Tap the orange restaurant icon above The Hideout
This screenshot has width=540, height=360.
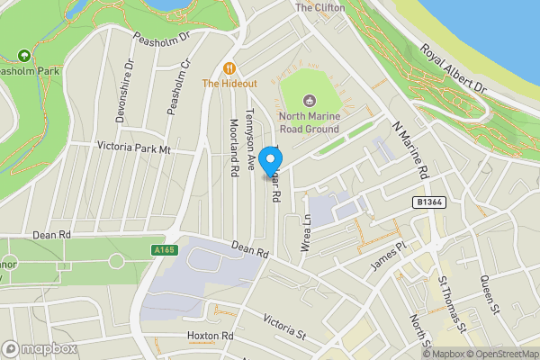(229, 67)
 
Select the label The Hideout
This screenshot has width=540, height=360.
(229, 83)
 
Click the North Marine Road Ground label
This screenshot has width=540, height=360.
(309, 121)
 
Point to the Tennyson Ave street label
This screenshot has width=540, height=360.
(251, 139)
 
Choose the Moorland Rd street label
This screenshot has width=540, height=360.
(233, 147)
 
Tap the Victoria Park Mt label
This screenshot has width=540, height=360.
(133, 148)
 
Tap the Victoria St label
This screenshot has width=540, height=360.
(285, 326)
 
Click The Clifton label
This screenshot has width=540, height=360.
(320, 7)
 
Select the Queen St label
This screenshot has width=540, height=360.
(489, 296)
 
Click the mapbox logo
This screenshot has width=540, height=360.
(40, 348)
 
